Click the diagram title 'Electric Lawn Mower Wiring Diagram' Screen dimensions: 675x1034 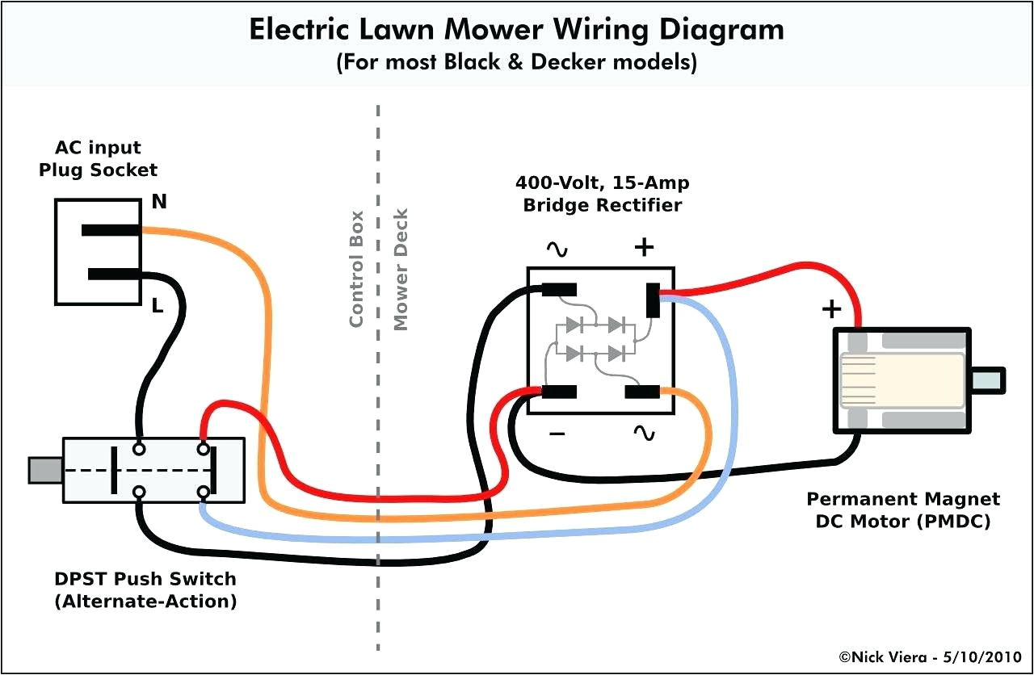tap(516, 29)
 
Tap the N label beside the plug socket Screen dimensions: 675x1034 tap(160, 202)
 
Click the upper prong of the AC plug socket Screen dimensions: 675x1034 tap(111, 230)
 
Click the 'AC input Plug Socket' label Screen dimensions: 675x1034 tap(98, 159)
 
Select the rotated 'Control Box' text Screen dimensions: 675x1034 tap(356, 269)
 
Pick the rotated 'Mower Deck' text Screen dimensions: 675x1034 tap(401, 269)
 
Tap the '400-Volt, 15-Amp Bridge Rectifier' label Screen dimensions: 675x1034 tap(602, 195)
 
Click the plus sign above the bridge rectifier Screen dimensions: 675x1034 tap(644, 247)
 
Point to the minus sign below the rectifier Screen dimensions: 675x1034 tap(557, 434)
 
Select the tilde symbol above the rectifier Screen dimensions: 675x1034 tap(557, 249)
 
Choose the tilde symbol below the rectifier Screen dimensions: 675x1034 tap(644, 434)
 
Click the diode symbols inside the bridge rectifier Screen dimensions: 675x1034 tap(596, 339)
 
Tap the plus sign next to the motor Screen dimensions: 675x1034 tap(831, 309)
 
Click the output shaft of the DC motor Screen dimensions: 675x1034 tap(987, 380)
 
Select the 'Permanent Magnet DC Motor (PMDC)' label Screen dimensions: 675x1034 tap(903, 510)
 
